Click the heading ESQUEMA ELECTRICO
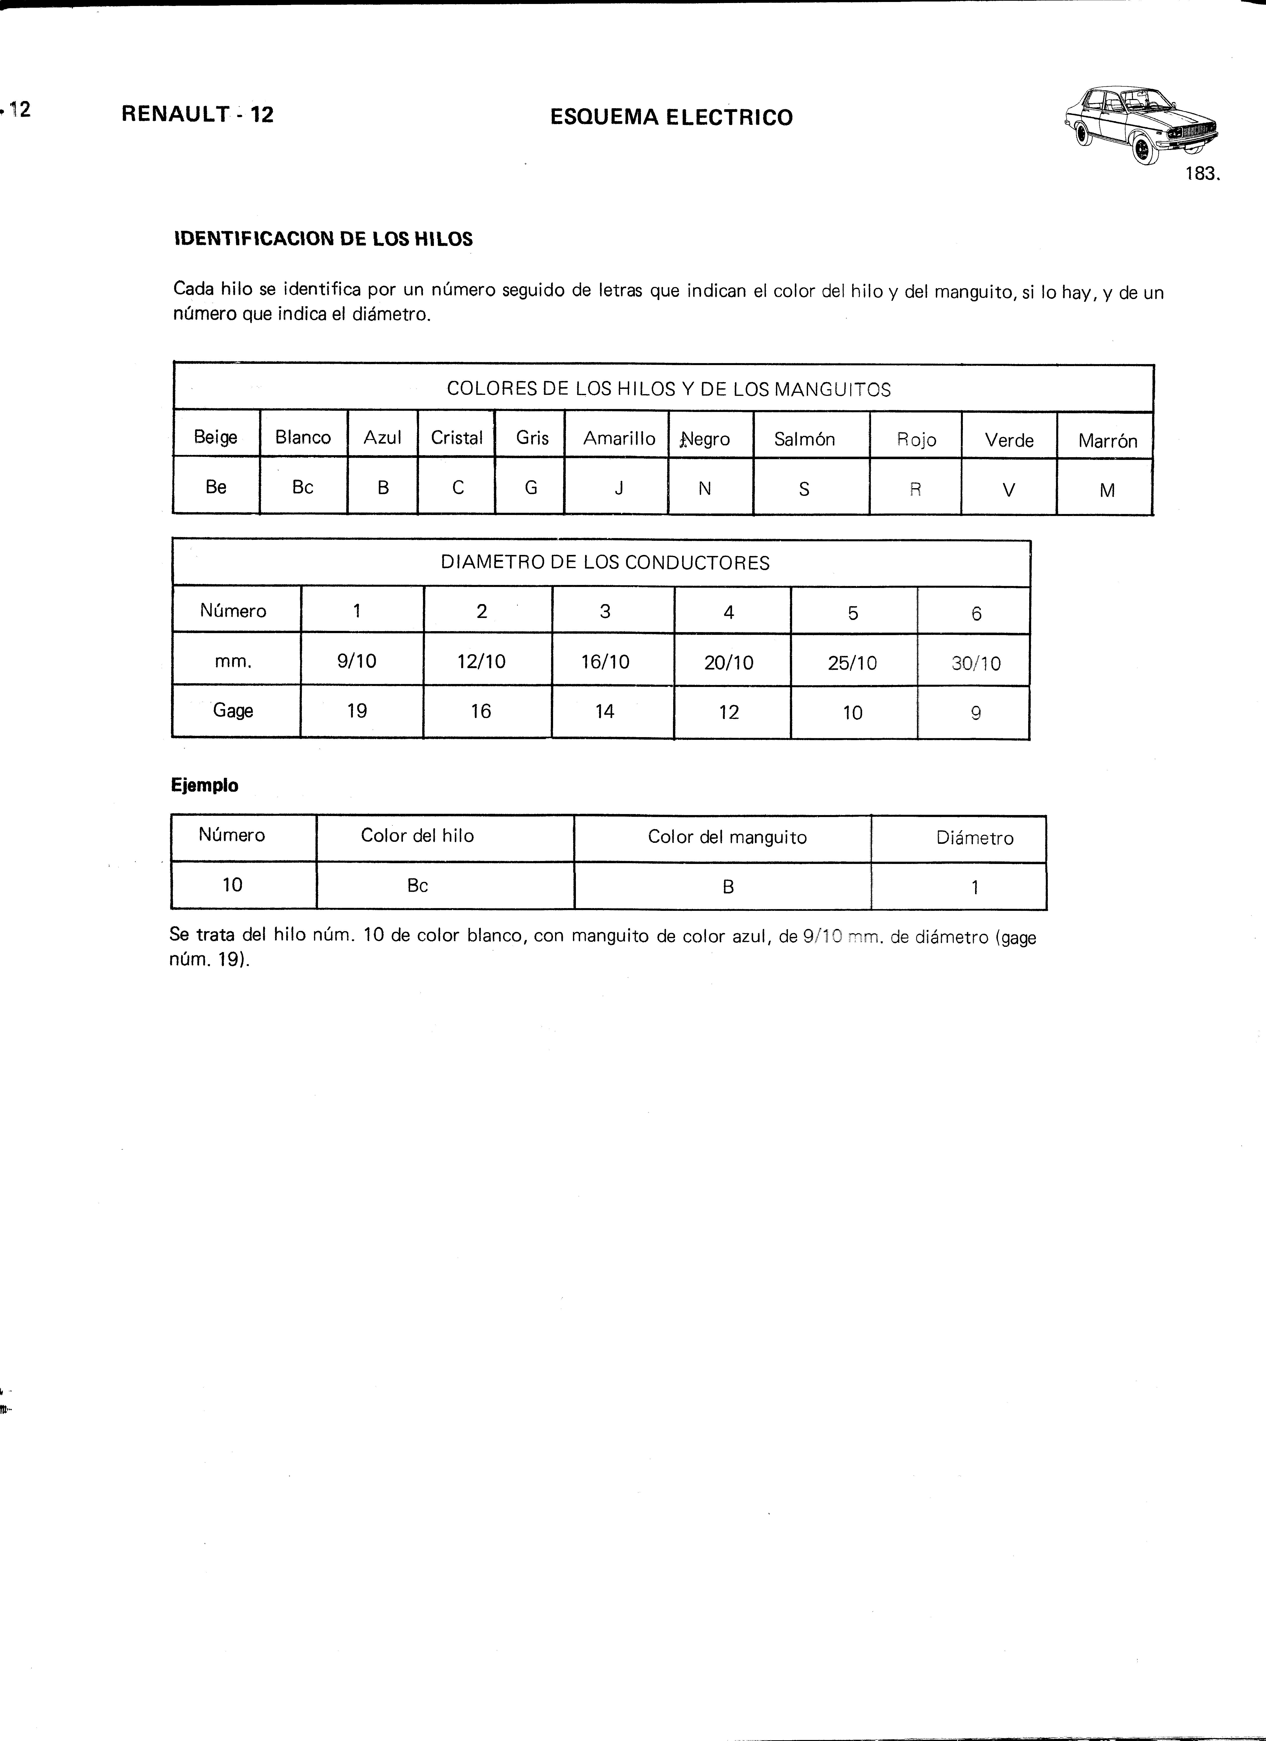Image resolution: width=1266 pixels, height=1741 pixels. tap(671, 117)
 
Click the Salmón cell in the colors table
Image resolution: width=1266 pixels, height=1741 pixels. tap(804, 439)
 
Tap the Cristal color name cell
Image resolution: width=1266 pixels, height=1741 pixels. tap(457, 438)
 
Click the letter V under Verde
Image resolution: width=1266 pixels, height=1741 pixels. tap(1009, 490)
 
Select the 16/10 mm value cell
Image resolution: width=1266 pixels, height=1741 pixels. tap(605, 662)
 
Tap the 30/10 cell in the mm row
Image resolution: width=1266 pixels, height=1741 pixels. tap(976, 663)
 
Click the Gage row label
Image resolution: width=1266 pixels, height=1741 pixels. tap(233, 710)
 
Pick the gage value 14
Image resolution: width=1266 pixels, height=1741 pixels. tap(605, 712)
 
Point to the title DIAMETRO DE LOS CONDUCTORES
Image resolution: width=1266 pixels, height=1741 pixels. tap(605, 563)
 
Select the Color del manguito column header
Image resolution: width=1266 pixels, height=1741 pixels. tap(727, 837)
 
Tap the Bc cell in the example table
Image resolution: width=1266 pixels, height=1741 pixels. tap(418, 885)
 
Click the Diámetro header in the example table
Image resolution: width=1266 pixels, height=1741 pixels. tap(974, 838)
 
